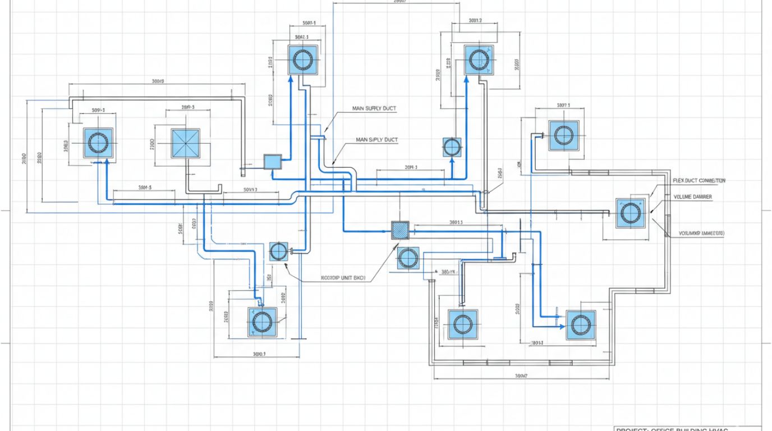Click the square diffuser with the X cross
click(x=185, y=143)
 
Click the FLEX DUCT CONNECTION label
click(x=699, y=181)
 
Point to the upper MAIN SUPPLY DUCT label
click(x=374, y=108)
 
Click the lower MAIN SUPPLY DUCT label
click(x=376, y=140)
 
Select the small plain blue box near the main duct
click(x=272, y=162)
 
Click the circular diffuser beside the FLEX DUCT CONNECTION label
click(x=630, y=213)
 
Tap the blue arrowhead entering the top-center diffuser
click(x=290, y=79)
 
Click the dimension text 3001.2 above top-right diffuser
click(x=475, y=21)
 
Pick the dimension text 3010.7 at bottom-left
click(x=259, y=354)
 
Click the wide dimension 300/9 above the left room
click(x=157, y=81)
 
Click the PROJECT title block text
click(x=672, y=429)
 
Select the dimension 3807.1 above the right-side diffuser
click(x=563, y=105)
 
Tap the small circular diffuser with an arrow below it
click(x=452, y=147)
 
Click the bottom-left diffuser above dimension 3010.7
click(x=262, y=322)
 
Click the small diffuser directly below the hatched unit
click(x=407, y=258)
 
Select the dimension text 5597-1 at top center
click(x=309, y=23)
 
